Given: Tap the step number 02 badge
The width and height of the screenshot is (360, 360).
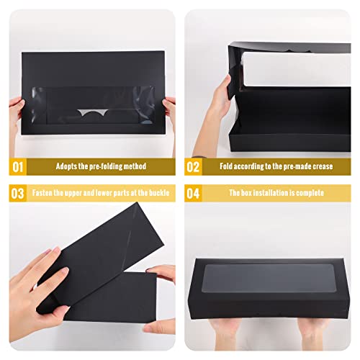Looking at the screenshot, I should click(193, 167).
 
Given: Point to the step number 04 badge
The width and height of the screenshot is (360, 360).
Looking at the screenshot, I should click(193, 193).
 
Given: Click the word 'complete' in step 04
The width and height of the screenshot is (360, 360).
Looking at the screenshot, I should click(310, 193).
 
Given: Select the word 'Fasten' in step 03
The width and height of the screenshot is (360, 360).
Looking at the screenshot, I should click(44, 193).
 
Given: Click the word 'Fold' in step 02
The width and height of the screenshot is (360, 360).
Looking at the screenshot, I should click(228, 167).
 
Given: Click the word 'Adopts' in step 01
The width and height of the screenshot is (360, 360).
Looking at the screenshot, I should click(68, 167).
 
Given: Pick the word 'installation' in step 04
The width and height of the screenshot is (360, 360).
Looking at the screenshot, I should click(272, 193).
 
